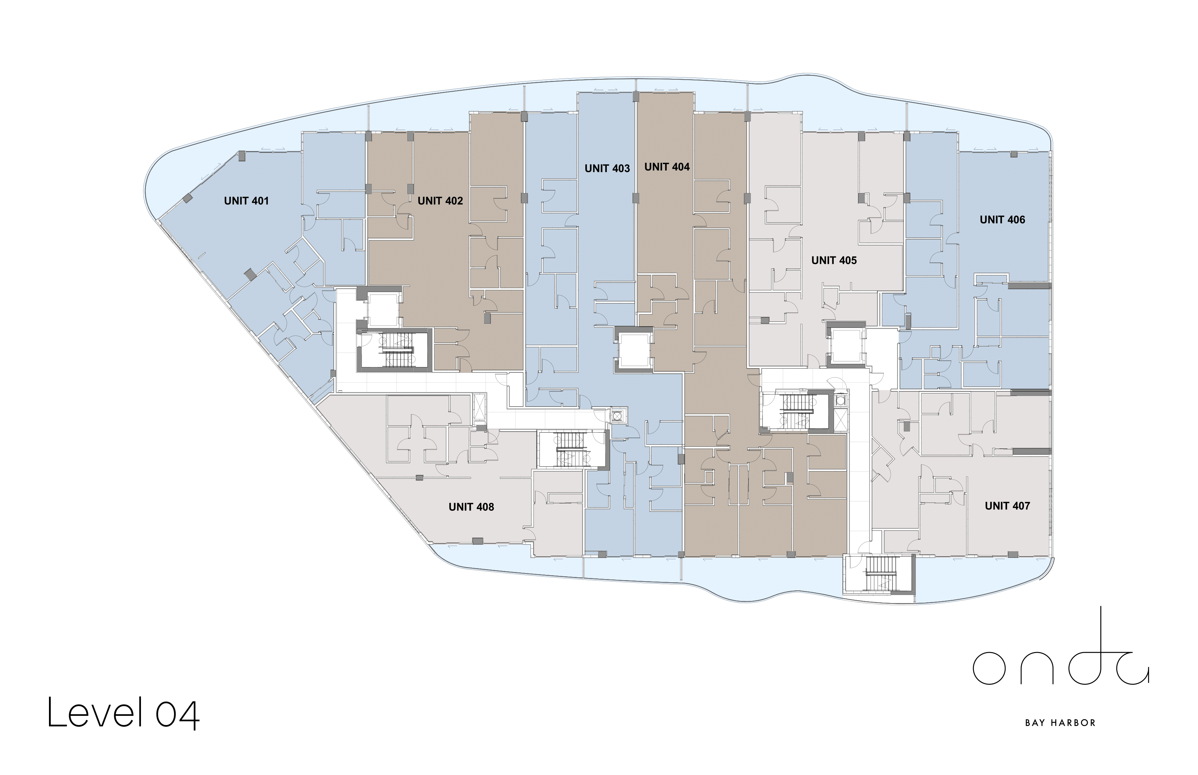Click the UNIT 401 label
pos(246,201)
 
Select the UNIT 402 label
pos(440,201)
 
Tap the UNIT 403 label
pos(607,169)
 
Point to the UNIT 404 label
pos(667,167)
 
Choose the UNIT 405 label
pos(834,260)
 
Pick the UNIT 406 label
pos(1002,219)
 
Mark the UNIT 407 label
pos(1007,506)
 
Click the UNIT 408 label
pos(471,507)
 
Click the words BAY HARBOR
pos(1061,723)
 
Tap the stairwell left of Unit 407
pos(795,411)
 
